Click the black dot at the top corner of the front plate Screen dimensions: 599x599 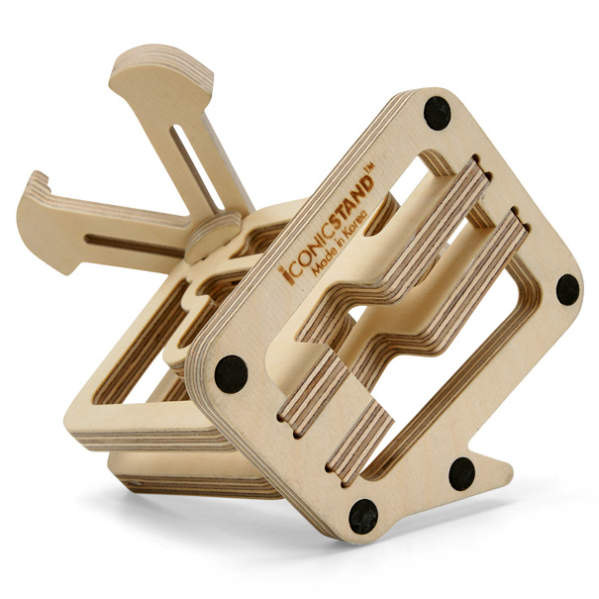[437, 113]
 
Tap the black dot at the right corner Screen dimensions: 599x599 [567, 289]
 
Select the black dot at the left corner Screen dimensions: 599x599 [231, 374]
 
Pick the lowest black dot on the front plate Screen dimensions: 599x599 [363, 517]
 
